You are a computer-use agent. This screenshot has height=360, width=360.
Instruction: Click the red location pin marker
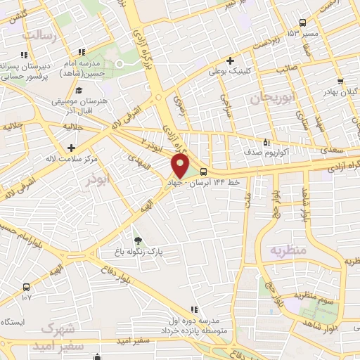pyautogui.click(x=181, y=167)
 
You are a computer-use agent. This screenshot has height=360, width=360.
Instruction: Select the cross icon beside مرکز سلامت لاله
pyautogui.click(x=71, y=148)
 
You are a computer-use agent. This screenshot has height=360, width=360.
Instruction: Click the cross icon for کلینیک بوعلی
pyautogui.click(x=231, y=60)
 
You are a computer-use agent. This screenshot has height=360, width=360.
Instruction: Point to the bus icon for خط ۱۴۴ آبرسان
pyautogui.click(x=204, y=172)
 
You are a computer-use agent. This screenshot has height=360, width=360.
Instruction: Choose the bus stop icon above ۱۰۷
pyautogui.click(x=27, y=287)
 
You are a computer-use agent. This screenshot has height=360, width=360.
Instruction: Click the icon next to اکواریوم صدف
pyautogui.click(x=265, y=141)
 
